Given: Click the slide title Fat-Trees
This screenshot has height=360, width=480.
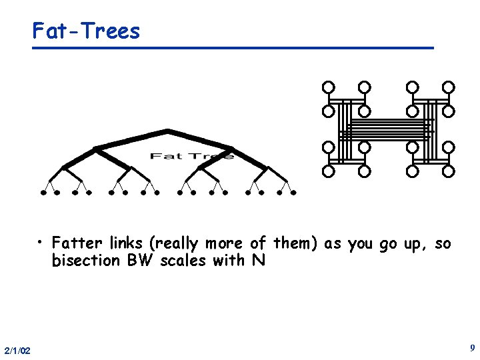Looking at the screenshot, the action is (87, 31).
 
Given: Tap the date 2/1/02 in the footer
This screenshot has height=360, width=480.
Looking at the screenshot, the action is (17, 351).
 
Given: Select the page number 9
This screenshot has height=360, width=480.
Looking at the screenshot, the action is (472, 348).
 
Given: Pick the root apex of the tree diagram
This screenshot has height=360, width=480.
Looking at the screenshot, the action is (167, 130).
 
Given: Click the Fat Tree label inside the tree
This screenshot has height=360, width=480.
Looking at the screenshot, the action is (191, 156).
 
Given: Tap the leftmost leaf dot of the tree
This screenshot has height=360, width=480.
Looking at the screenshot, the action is (43, 193).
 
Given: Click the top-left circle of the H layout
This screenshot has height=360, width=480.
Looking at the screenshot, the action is (328, 87).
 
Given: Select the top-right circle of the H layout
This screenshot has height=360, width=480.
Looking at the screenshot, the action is (449, 87).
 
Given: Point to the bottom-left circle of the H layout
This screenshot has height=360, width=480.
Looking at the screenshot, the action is (328, 171).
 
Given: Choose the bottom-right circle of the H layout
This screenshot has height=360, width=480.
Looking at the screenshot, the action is (449, 171).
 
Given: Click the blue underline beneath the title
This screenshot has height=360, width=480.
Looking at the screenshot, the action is (233, 48).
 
